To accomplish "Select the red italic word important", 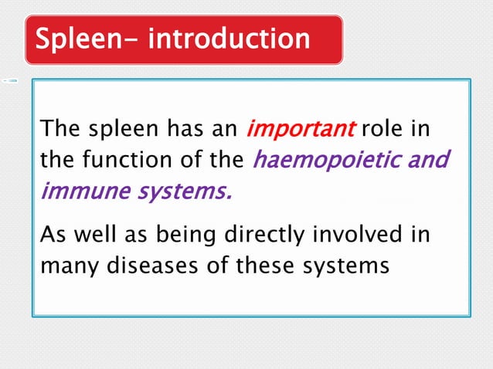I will (x=301, y=128).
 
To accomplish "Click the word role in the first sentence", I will (x=382, y=128).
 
